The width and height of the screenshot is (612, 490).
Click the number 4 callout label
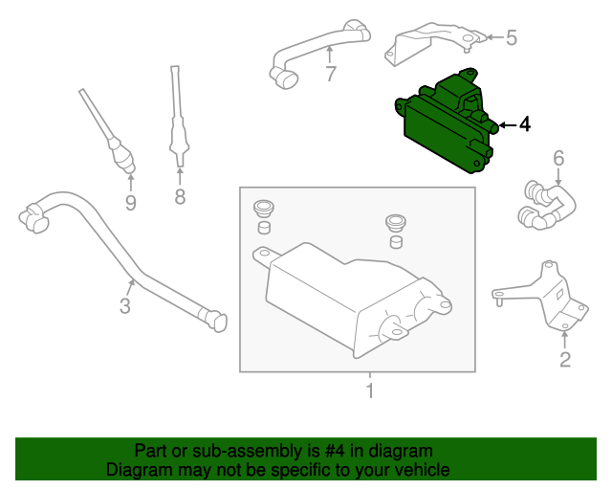tap(524, 124)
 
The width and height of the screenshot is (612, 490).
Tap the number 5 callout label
tap(511, 38)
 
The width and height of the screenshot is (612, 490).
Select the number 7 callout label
tap(331, 74)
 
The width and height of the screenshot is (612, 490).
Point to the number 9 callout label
tap(130, 202)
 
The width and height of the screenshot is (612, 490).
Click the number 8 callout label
tap(179, 198)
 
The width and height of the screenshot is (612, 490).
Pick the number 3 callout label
tap(124, 306)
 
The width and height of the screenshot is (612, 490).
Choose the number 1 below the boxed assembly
tap(369, 391)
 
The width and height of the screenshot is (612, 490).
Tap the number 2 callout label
tap(564, 359)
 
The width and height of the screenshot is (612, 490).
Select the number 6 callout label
tap(558, 158)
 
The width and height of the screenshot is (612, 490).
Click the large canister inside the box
tap(349, 297)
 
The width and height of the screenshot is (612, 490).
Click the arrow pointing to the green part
tap(505, 124)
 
